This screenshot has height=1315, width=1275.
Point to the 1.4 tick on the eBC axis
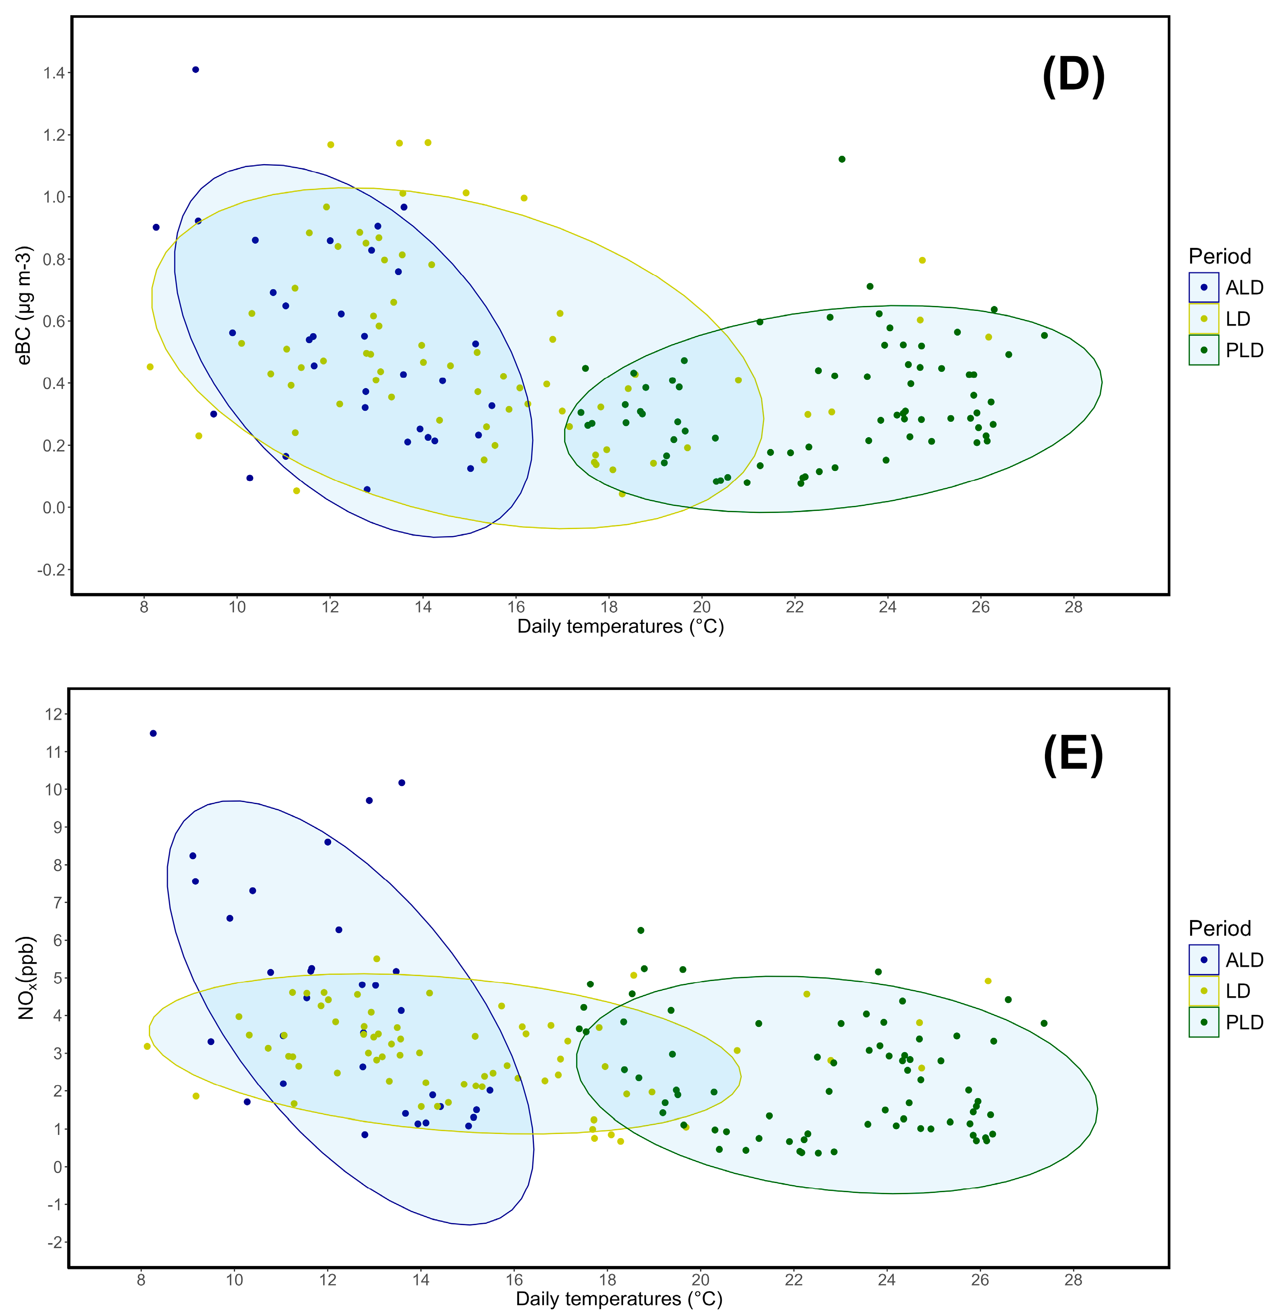point(54,73)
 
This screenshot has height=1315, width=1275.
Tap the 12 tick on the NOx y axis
point(54,715)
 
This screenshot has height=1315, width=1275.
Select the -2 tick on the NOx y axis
point(54,1242)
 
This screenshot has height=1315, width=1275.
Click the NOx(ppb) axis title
point(26,978)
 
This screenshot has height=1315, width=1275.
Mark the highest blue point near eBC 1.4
point(195,70)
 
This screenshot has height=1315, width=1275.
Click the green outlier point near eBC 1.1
point(842,159)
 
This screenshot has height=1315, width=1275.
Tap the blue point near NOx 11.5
point(153,733)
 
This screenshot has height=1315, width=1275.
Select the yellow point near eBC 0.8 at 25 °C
point(922,260)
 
